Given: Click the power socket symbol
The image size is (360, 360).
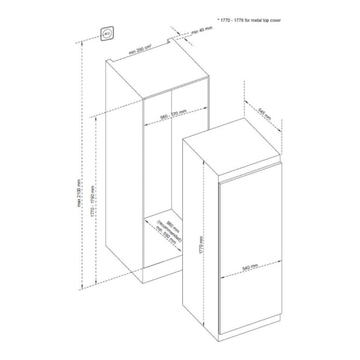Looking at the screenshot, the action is coord(107,33).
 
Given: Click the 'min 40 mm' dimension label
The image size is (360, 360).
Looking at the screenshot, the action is coord(202,30).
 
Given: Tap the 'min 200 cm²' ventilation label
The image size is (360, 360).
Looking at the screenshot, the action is coord(140,49).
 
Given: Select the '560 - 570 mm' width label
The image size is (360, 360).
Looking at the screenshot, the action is coord(173,114).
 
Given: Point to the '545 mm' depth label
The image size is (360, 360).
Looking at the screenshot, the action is coord(265,114).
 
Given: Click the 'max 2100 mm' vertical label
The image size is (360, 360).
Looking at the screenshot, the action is coord(79,193).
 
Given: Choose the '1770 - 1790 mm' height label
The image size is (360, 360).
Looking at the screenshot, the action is coord(93,201).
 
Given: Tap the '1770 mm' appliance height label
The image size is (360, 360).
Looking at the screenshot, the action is coord(201,245).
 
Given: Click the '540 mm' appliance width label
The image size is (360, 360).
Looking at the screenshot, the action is coord(250,267).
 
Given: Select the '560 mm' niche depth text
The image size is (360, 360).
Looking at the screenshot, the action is coord(173,227).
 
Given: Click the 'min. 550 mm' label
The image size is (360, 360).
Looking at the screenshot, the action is coord(166,235).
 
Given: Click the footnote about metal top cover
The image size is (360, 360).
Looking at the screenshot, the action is coord(249,20).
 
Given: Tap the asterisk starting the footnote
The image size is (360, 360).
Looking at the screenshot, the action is coord(218,20).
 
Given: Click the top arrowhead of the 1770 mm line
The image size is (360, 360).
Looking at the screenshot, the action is coord(203,162).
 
